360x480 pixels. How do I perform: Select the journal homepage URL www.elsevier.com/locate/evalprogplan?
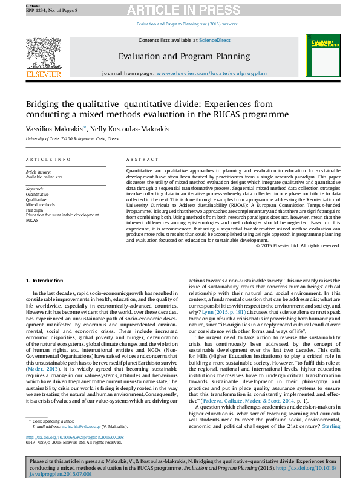[211, 73]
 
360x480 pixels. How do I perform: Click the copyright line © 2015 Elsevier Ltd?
[298, 245]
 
